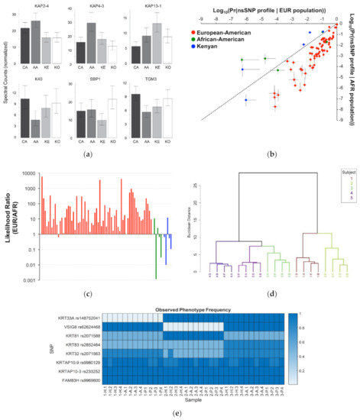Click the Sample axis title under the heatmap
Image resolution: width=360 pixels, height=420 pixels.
196,399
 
